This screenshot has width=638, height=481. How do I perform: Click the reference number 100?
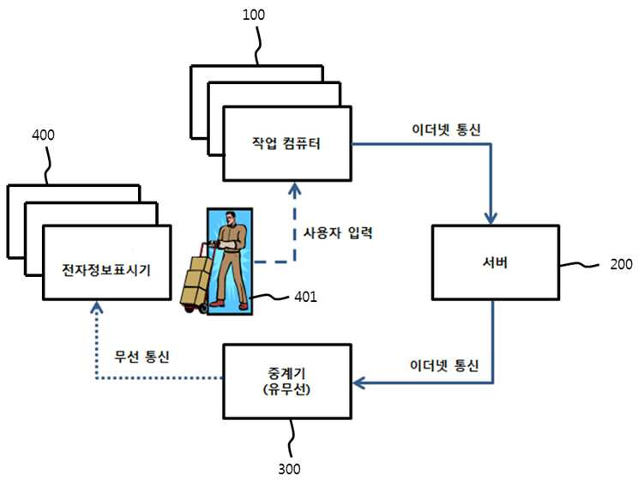click(254, 15)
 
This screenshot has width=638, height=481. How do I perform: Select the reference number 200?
click(622, 265)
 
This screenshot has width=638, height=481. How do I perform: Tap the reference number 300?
click(289, 469)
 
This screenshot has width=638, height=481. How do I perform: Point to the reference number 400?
click(43, 135)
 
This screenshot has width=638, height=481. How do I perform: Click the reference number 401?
click(305, 297)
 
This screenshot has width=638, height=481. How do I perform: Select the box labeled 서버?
click(495, 262)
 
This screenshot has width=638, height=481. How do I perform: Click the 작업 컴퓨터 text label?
click(286, 143)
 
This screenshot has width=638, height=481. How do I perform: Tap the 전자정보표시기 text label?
click(106, 270)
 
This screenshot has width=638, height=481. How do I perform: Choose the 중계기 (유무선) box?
click(287, 382)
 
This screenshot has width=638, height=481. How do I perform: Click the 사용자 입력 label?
click(338, 232)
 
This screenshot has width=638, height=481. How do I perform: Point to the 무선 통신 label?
click(141, 357)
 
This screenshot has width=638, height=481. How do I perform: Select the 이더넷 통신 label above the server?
click(447, 129)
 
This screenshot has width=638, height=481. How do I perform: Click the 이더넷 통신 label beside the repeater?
click(444, 365)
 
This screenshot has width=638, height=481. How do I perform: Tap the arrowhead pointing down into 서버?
click(491, 219)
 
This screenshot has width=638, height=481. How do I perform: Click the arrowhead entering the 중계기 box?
click(358, 382)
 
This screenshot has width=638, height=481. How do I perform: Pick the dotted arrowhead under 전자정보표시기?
click(96, 307)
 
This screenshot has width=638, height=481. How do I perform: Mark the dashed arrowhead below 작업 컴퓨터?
click(295, 189)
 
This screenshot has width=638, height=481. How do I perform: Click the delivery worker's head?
click(231, 218)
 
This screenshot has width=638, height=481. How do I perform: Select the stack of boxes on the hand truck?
click(197, 280)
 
